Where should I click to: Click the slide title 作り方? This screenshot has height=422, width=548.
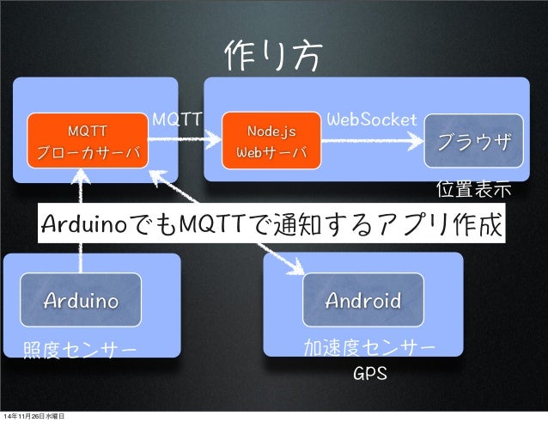click(x=274, y=57)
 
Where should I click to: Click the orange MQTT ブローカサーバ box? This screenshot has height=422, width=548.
click(x=88, y=142)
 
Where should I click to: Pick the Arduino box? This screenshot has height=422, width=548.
click(x=82, y=301)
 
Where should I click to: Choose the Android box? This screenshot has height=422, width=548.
click(x=362, y=301)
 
